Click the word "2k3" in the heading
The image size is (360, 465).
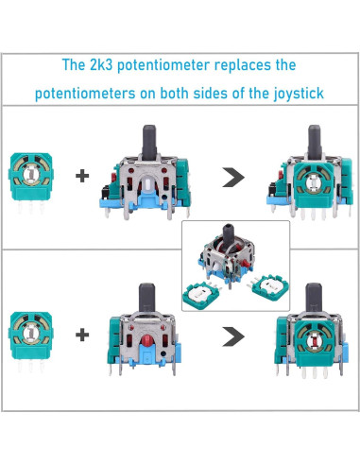click(101, 66)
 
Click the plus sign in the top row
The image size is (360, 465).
click(83, 175)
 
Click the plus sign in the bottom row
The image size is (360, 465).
click(83, 334)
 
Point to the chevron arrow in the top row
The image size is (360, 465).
click(231, 175)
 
